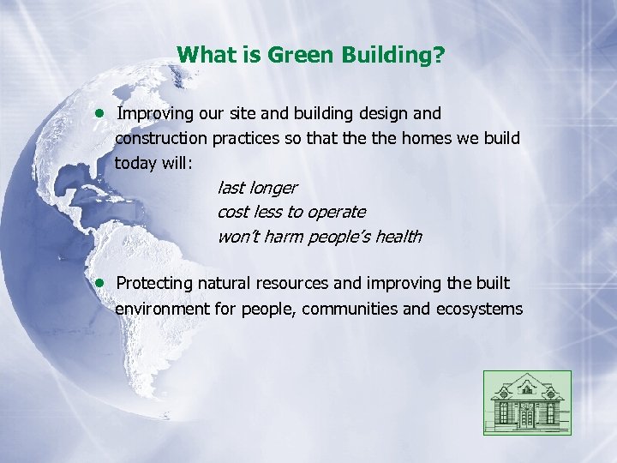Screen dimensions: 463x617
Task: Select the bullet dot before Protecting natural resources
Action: pos(100,282)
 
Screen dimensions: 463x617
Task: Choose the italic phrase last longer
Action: pos(257,187)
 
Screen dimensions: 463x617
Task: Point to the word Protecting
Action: pos(154,283)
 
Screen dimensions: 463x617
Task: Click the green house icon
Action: pos(526,402)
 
